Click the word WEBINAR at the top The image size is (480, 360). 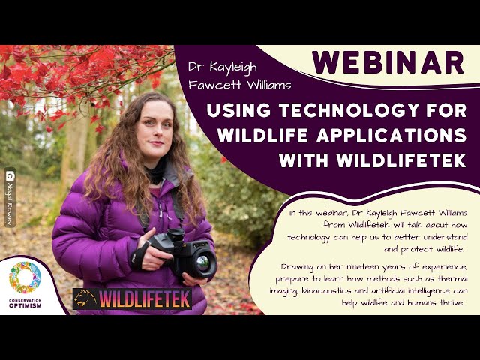(388, 62)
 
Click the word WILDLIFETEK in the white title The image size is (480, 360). (401, 160)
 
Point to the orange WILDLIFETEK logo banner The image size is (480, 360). (132, 298)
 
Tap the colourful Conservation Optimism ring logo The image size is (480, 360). (25, 277)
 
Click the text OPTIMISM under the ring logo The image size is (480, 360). (25, 305)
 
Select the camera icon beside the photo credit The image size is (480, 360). (10, 176)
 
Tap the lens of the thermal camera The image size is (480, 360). (202, 262)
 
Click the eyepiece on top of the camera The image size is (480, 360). (175, 235)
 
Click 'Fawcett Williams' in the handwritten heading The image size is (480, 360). (240, 85)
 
